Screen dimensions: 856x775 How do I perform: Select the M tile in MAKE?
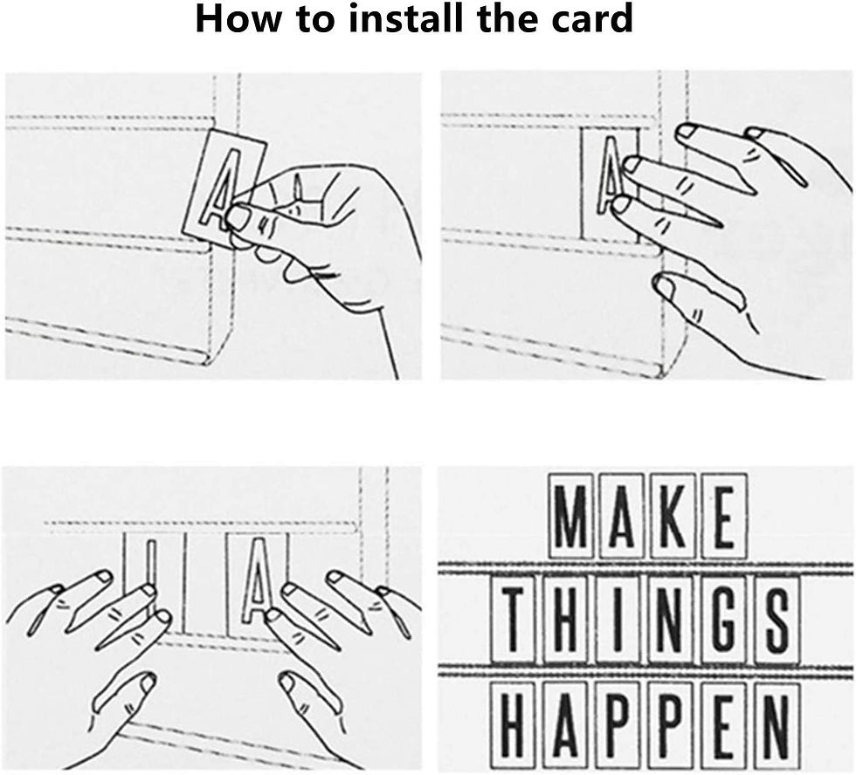click(570, 516)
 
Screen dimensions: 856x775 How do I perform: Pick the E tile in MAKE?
click(723, 516)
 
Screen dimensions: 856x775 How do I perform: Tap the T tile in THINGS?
click(514, 621)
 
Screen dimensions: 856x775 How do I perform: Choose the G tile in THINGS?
click(723, 621)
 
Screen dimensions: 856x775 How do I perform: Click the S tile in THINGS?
click(776, 621)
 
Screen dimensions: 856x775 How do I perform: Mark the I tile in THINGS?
click(618, 621)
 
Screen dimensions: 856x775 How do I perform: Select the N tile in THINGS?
click(671, 621)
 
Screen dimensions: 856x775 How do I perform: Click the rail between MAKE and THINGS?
click(645, 568)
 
